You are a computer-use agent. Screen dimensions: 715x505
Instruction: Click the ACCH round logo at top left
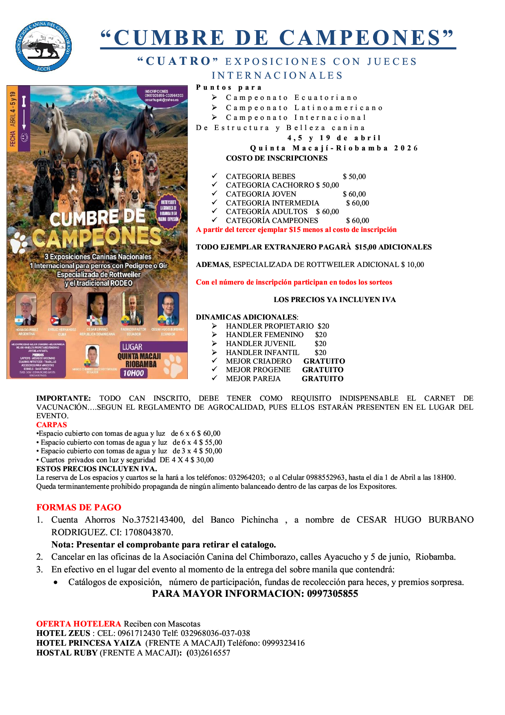(44, 47)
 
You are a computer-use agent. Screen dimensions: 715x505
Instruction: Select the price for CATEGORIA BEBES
(354, 177)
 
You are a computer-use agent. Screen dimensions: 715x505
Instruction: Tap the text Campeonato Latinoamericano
(304, 108)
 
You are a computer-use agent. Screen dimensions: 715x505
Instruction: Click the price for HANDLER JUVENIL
(320, 344)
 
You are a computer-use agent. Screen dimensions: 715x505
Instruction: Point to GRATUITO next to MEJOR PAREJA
(322, 379)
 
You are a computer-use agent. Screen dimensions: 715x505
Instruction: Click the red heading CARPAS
(51, 424)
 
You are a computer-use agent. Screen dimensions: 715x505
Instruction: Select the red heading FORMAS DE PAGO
(79, 507)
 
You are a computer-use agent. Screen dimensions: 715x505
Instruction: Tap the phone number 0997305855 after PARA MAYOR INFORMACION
(332, 594)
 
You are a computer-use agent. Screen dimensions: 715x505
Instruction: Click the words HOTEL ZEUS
(63, 633)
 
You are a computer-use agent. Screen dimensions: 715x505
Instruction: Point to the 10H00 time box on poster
(134, 373)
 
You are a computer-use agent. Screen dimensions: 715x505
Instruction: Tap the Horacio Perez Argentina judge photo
(26, 309)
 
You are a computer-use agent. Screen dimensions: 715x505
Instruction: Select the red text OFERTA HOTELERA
(79, 624)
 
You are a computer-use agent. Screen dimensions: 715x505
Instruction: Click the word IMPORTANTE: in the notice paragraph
(64, 398)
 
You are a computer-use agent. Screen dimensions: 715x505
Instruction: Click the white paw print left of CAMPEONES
(18, 243)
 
